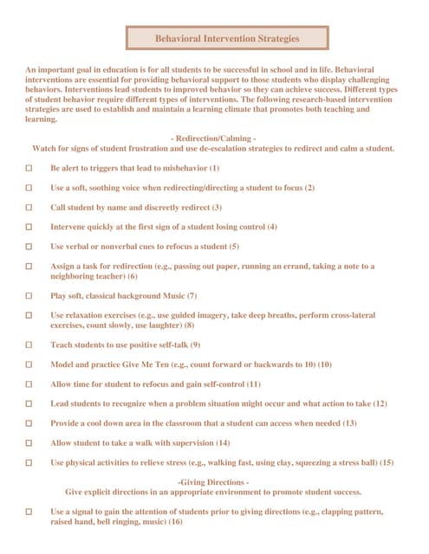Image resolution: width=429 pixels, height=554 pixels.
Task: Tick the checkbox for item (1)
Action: click(x=29, y=167)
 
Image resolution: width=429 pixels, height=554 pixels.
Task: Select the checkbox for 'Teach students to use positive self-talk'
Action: click(x=29, y=345)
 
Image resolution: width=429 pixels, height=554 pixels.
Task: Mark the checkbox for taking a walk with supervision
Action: click(x=29, y=442)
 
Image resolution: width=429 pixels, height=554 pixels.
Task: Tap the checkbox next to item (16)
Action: click(x=29, y=512)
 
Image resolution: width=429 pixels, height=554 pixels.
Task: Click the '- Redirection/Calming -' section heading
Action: click(x=213, y=138)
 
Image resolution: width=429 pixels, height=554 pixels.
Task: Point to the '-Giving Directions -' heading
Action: click(x=213, y=481)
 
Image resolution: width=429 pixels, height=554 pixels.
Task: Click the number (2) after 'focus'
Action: click(x=309, y=187)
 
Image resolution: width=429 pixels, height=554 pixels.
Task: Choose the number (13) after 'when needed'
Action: click(x=349, y=423)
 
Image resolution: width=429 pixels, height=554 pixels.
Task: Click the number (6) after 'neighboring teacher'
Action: click(x=133, y=276)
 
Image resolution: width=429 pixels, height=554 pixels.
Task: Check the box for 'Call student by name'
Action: click(x=29, y=207)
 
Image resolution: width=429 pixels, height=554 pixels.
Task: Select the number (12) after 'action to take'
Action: click(x=379, y=403)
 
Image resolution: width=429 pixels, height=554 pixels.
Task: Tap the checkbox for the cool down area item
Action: click(x=29, y=423)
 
